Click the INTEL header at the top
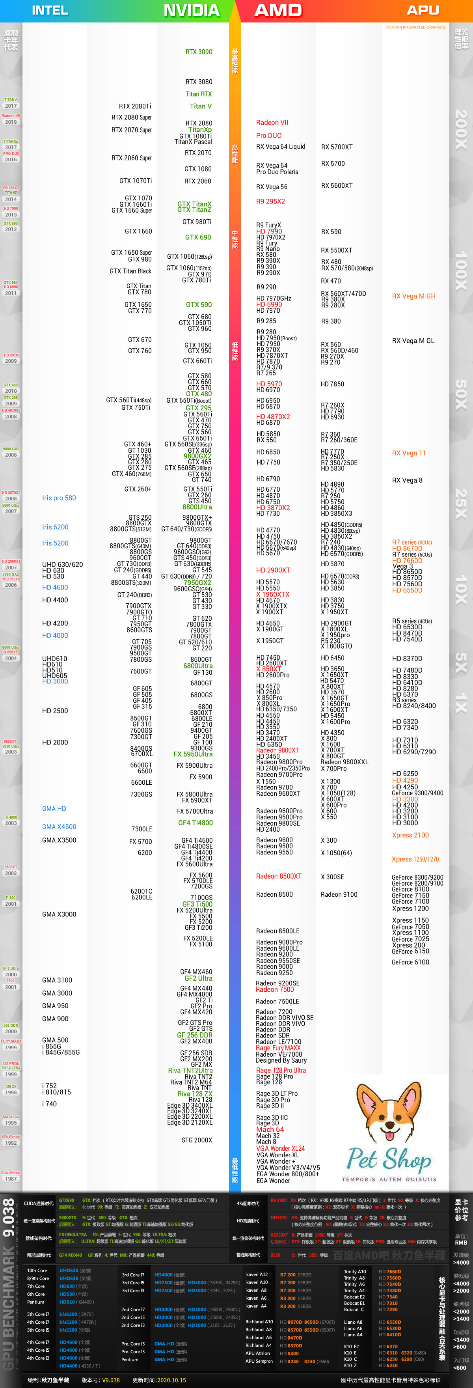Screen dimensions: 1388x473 [50, 10]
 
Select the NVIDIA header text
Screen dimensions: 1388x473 [191, 10]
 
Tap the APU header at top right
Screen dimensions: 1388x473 [423, 10]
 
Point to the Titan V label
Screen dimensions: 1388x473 [200, 106]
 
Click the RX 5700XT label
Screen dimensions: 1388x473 [337, 147]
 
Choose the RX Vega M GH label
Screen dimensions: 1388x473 [414, 297]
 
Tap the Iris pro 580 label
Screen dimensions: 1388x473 [59, 498]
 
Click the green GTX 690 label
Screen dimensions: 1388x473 [198, 237]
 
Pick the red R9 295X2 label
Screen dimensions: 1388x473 [270, 201]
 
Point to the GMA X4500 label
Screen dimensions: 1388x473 [59, 826]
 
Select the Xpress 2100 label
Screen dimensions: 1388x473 [410, 835]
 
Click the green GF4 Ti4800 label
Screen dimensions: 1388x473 [196, 823]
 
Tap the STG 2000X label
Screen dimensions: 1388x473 [197, 1140]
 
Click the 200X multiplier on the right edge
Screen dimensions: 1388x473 [461, 129]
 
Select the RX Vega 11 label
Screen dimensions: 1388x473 [409, 453]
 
